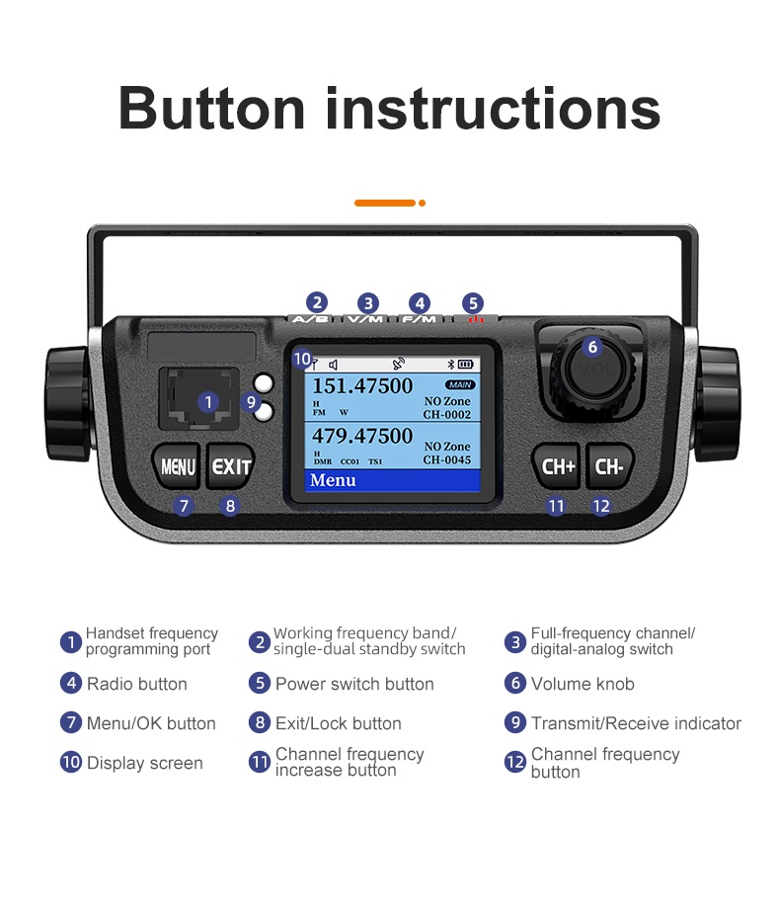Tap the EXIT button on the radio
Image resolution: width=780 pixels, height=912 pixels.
click(230, 466)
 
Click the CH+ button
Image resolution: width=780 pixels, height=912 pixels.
click(558, 466)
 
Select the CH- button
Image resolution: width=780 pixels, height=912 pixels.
click(609, 466)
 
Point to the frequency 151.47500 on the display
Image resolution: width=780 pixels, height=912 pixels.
click(362, 386)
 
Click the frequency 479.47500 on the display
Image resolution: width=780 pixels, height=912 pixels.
click(362, 436)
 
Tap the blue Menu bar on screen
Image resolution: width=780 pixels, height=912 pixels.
click(390, 481)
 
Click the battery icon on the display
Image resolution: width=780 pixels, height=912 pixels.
click(465, 364)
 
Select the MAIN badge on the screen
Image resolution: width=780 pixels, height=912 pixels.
click(459, 384)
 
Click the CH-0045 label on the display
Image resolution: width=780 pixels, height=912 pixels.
click(447, 459)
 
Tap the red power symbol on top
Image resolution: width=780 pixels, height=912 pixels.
click(474, 319)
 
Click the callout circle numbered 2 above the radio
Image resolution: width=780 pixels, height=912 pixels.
click(317, 303)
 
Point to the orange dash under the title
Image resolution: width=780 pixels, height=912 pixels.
click(385, 203)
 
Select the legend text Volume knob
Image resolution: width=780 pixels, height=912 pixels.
click(583, 684)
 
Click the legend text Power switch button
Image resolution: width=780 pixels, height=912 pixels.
click(354, 684)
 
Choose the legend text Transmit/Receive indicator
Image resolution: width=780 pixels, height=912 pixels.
click(636, 723)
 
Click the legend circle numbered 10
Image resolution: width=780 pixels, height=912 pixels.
click(71, 763)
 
